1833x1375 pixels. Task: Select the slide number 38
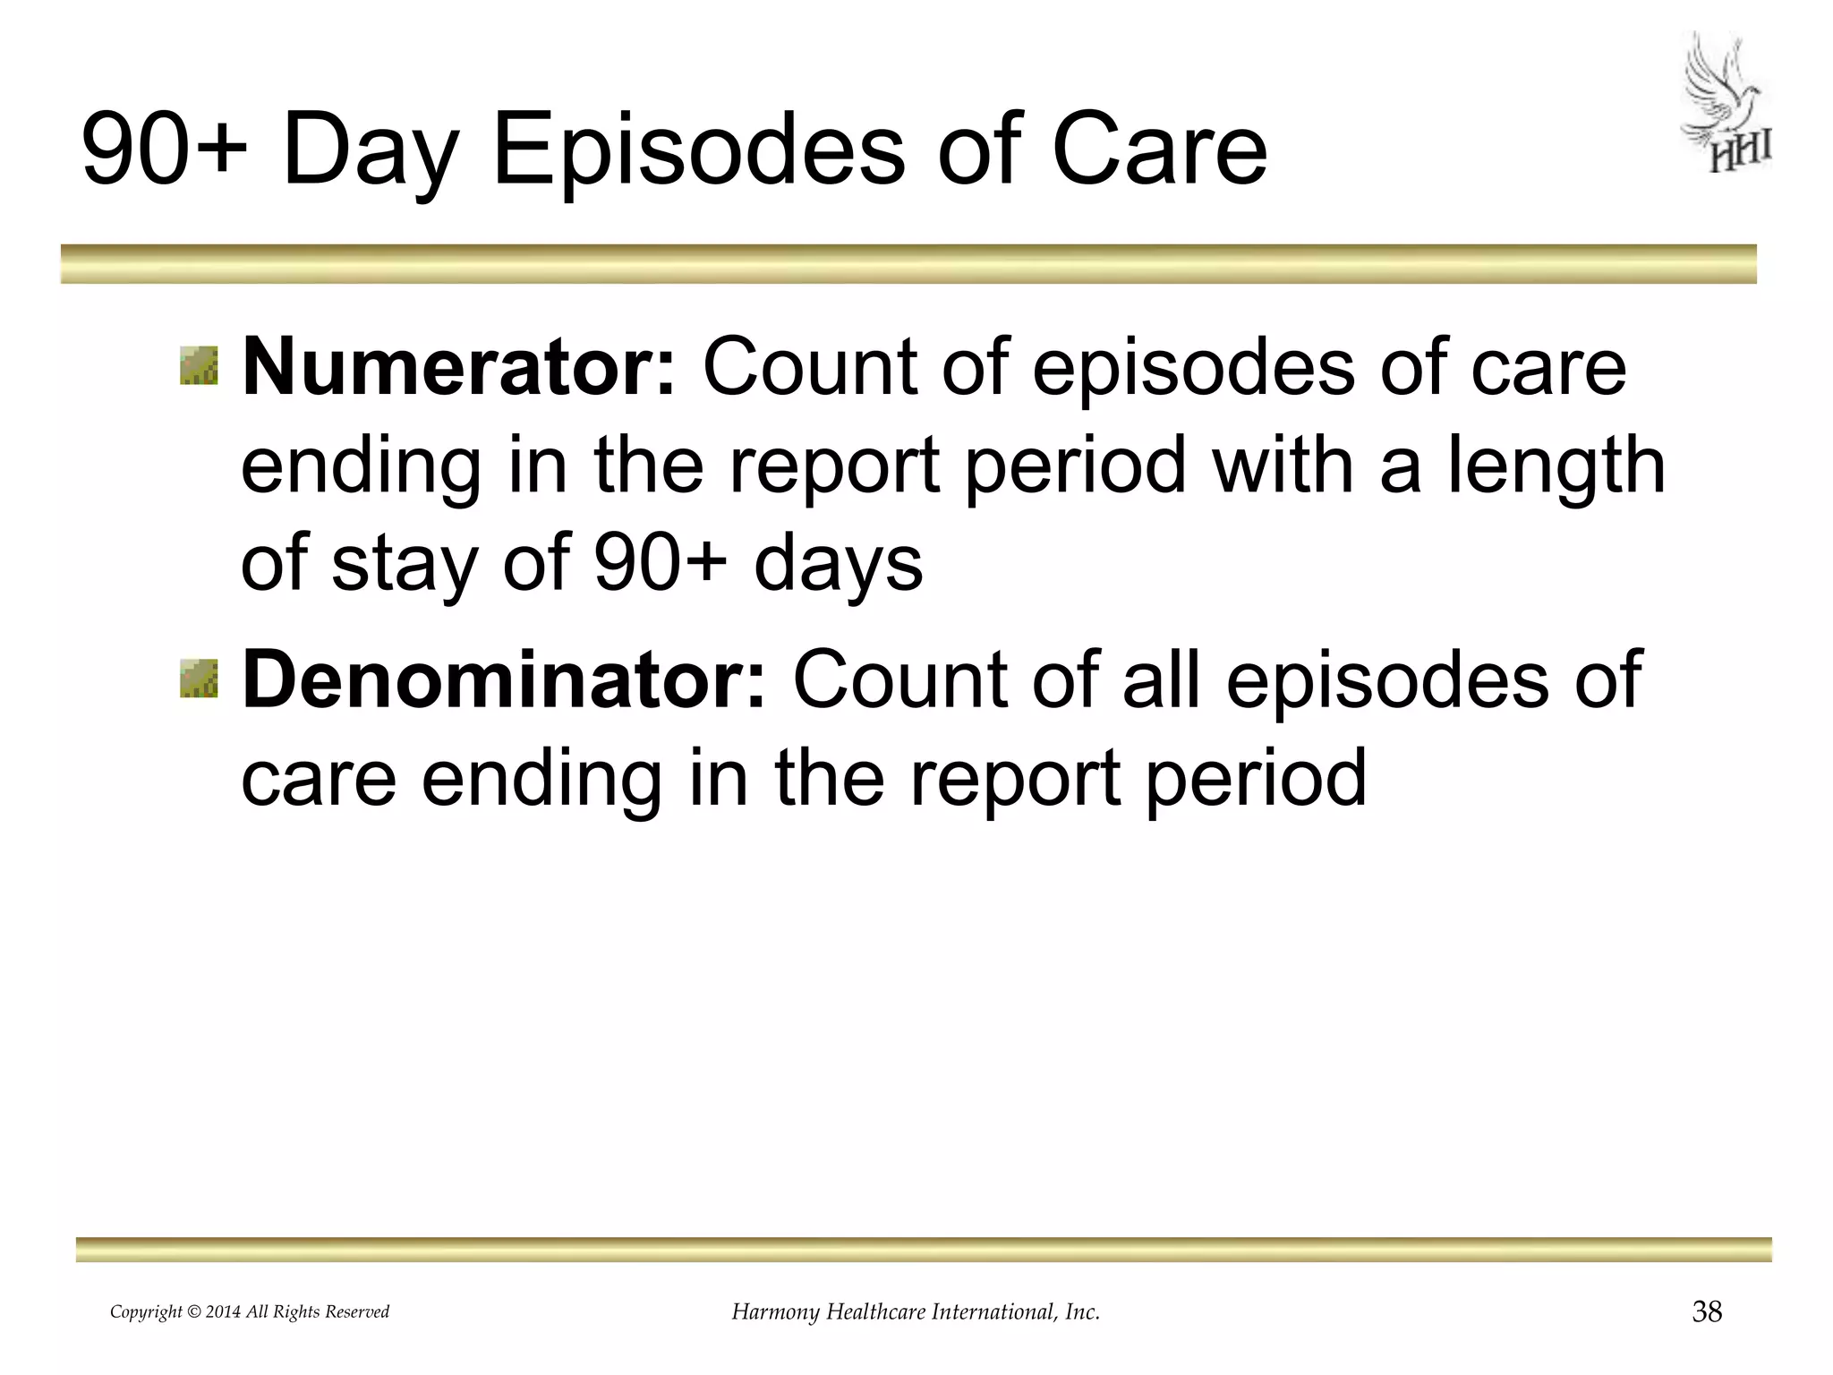1707,1312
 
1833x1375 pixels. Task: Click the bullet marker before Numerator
199,366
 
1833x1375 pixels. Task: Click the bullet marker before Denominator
199,678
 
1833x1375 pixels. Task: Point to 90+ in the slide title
165,149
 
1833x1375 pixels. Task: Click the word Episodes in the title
699,149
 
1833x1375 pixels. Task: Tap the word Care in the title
1159,149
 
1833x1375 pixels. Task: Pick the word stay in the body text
404,566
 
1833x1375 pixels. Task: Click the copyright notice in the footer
250,1312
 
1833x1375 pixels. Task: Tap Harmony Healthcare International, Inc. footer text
916,1312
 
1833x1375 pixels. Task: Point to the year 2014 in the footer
223,1312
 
